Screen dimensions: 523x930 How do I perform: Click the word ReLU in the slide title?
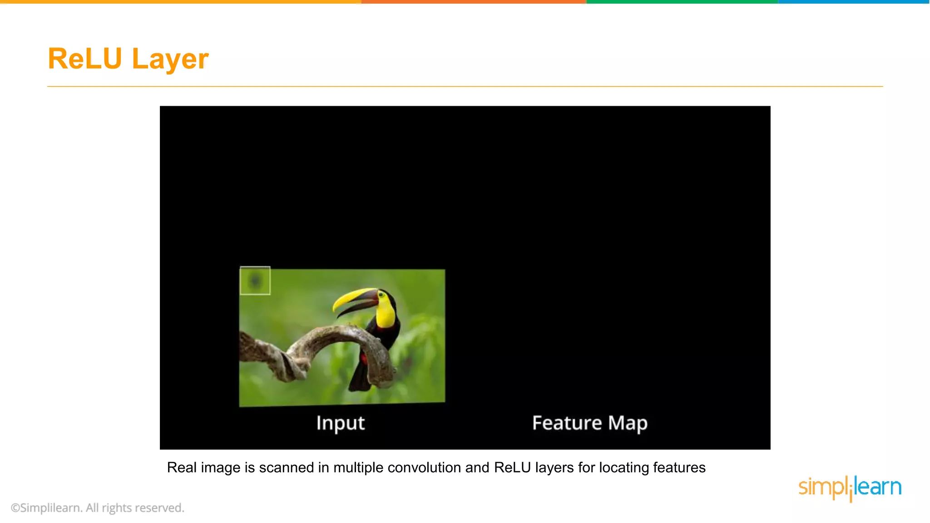tap(85, 59)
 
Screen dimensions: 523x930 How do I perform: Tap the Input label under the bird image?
tap(340, 423)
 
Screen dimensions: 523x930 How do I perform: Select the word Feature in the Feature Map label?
tap(567, 423)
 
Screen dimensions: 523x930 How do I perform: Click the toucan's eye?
tap(381, 295)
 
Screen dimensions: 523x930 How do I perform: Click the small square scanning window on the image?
tap(255, 281)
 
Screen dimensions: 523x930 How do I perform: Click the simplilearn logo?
tap(850, 488)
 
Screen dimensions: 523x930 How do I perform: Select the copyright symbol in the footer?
tap(15, 508)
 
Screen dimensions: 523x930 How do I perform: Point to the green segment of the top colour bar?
tap(681, 2)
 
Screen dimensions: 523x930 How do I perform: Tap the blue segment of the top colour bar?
tap(854, 2)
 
